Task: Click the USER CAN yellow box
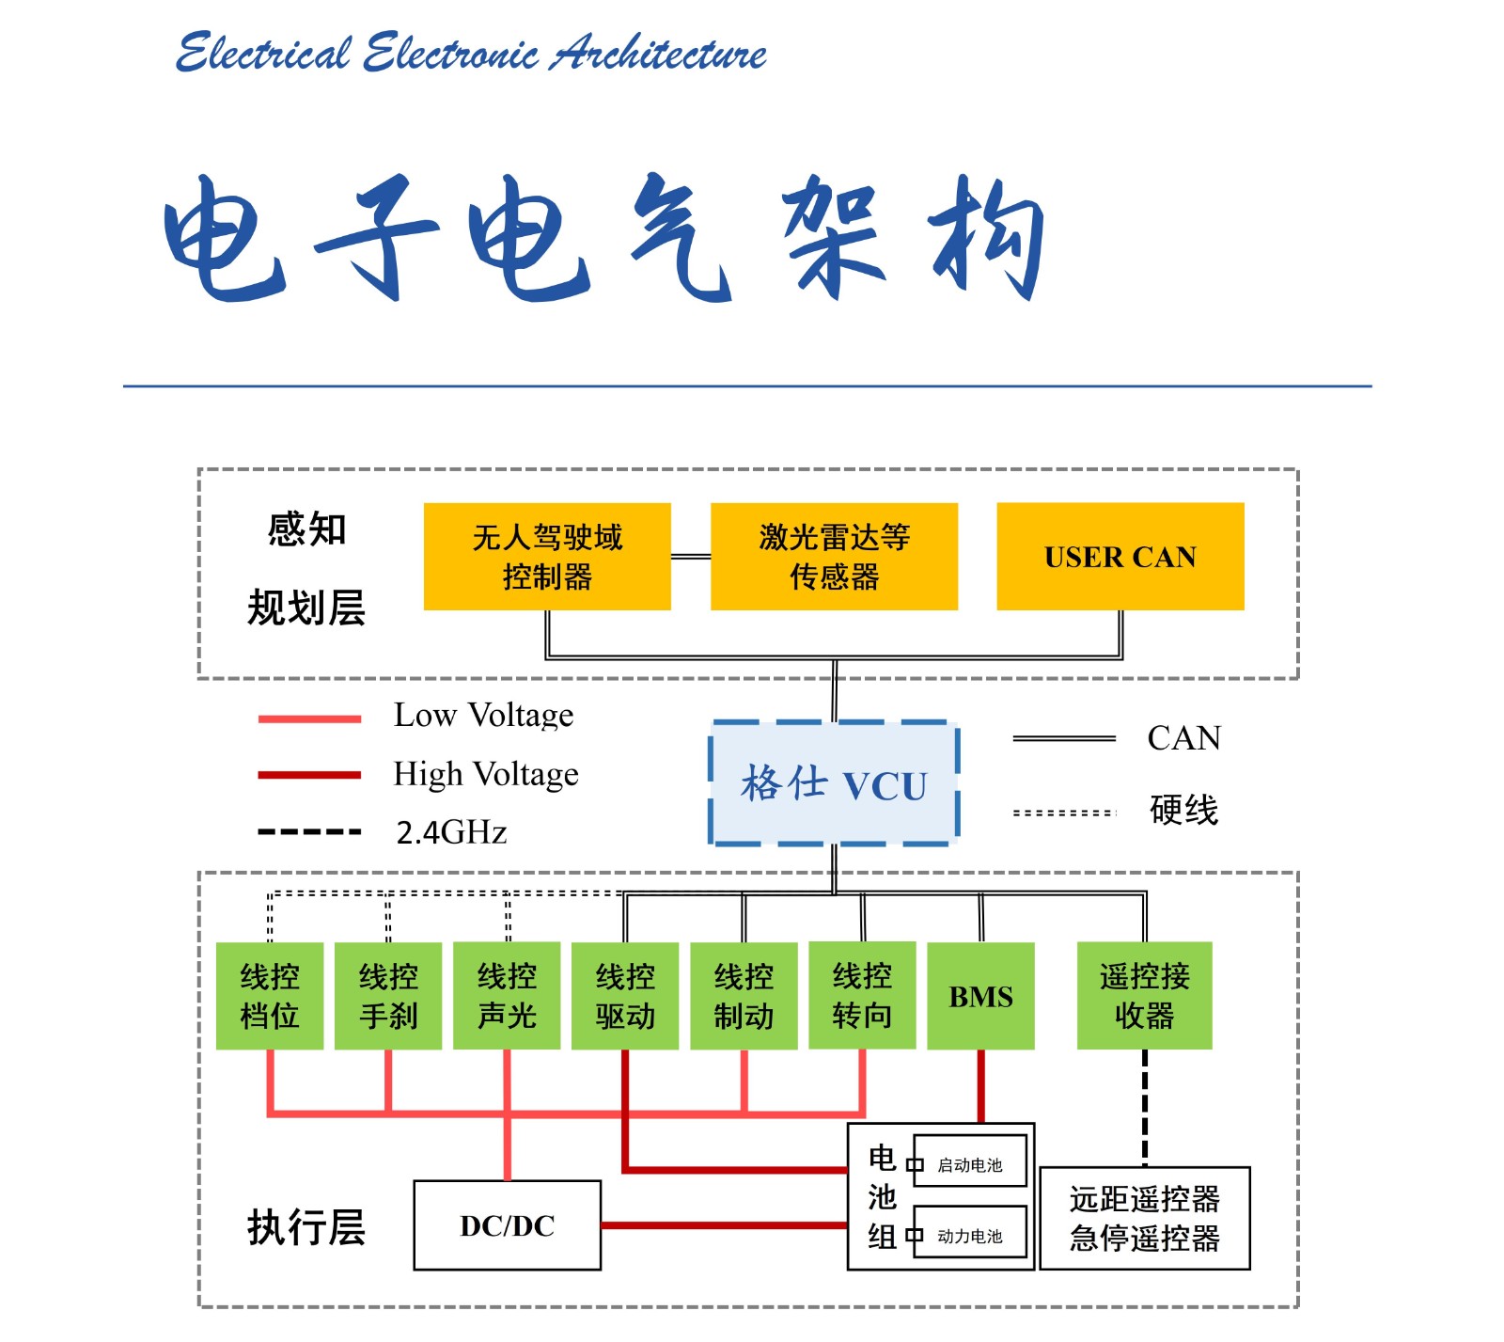[x=1120, y=557]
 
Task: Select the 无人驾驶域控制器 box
[x=547, y=557]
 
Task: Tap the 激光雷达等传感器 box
[x=834, y=557]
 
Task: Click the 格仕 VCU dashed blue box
[x=834, y=783]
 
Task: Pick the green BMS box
[x=980, y=996]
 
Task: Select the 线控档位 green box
[x=270, y=996]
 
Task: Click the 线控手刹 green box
[x=388, y=996]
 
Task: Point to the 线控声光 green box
[x=507, y=996]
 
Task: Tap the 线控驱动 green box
[x=625, y=996]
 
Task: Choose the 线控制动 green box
[x=744, y=996]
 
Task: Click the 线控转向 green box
[x=862, y=995]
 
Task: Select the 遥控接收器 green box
[x=1144, y=995]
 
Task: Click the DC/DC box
[x=508, y=1225]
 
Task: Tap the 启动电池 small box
[x=969, y=1165]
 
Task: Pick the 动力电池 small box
[x=969, y=1236]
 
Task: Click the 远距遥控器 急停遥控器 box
[x=1144, y=1219]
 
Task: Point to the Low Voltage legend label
[x=483, y=716]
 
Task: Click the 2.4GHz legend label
[x=451, y=832]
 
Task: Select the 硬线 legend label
[x=1183, y=810]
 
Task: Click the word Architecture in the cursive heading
[x=659, y=53]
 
